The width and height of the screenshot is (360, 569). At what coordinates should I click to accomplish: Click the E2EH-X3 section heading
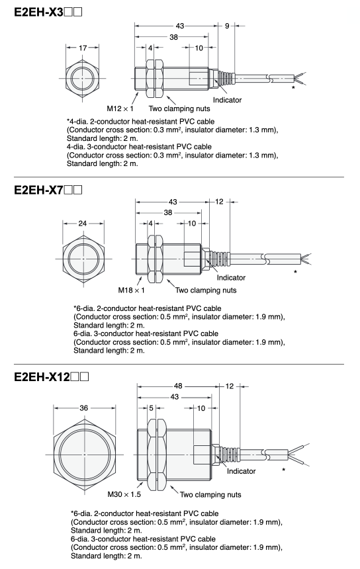pos(48,12)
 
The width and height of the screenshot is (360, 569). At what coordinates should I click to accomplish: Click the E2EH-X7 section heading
pos(48,190)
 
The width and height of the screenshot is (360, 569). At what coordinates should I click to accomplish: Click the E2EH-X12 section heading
pos(51,377)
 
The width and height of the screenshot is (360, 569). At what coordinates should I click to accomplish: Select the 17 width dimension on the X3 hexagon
pos(83,48)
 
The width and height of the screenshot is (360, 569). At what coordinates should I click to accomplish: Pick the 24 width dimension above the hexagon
pos(83,223)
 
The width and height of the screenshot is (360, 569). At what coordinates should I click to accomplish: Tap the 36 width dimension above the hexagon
pos(84,408)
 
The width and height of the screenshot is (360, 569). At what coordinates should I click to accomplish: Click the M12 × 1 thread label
pos(120,109)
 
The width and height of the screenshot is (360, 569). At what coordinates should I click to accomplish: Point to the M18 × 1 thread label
pos(132,290)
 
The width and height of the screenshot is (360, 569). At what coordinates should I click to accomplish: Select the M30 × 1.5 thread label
pos(124,494)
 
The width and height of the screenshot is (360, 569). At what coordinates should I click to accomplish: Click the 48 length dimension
pos(178,386)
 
